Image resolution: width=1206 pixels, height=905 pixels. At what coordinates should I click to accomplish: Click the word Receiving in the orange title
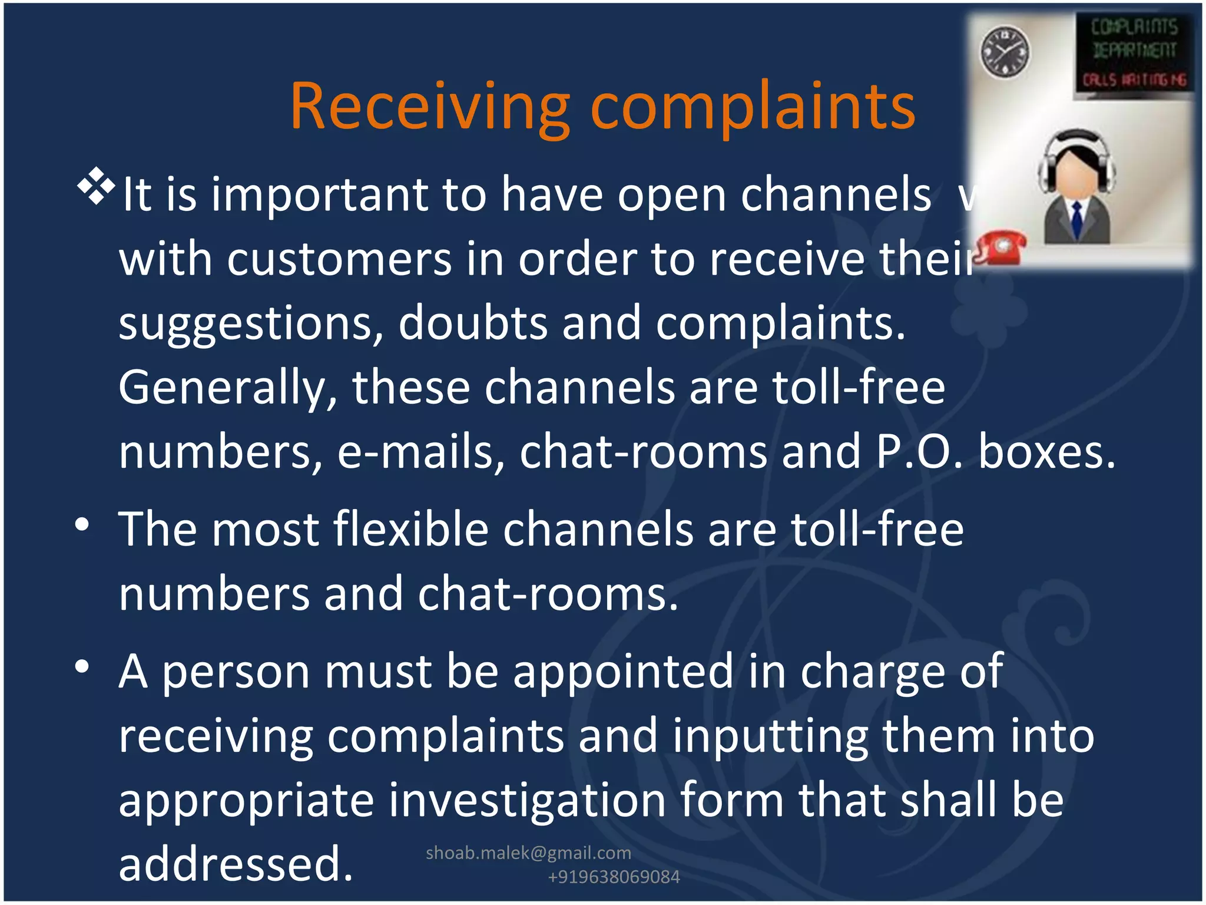(430, 107)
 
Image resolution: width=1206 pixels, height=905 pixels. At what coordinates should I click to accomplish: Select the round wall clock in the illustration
(1005, 52)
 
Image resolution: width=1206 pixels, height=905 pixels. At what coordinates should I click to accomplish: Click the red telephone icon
(1001, 247)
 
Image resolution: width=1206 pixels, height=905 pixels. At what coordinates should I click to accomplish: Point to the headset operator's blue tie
(1077, 219)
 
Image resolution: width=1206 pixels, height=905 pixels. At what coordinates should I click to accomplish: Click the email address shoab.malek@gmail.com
(528, 853)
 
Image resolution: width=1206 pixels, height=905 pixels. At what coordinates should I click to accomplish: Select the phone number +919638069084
(614, 877)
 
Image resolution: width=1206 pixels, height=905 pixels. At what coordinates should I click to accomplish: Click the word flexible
(411, 529)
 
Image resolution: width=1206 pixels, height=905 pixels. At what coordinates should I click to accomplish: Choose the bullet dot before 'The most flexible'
(82, 524)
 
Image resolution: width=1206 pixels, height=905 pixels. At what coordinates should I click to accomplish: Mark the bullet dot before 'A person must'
(82, 666)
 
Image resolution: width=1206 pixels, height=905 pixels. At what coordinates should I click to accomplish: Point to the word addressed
(236, 864)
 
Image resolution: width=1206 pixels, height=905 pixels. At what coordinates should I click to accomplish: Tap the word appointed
(623, 672)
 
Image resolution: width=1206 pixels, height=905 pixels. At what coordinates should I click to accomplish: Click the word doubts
(472, 323)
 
